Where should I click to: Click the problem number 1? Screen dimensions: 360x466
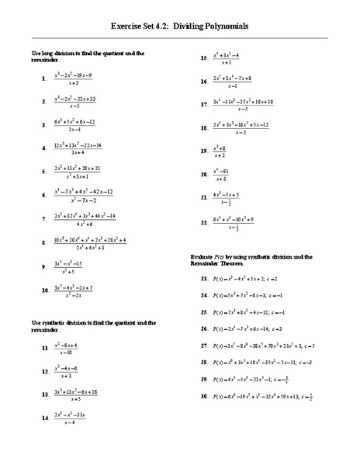[x=43, y=79]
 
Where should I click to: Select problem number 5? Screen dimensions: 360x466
[x=43, y=172]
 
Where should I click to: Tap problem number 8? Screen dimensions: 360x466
[x=43, y=244]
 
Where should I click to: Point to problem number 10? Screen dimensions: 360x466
[x=45, y=291]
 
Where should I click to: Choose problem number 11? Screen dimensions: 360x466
[x=45, y=349]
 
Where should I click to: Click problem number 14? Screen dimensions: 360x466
[x=45, y=418]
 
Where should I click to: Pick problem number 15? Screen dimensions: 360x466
[x=204, y=58]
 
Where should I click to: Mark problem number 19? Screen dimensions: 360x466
[x=204, y=151]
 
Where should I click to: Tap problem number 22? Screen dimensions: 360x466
[x=204, y=224]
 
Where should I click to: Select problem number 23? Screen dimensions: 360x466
[x=204, y=277]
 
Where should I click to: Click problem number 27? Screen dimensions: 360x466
[x=204, y=346]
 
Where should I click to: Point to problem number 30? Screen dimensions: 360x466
[x=204, y=397]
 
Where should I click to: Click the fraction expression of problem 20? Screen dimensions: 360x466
[x=224, y=175]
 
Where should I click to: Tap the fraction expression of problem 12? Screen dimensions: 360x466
[x=68, y=371]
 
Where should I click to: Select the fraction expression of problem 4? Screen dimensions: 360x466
[x=78, y=148]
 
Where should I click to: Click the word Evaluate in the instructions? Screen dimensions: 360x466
[x=203, y=256]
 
